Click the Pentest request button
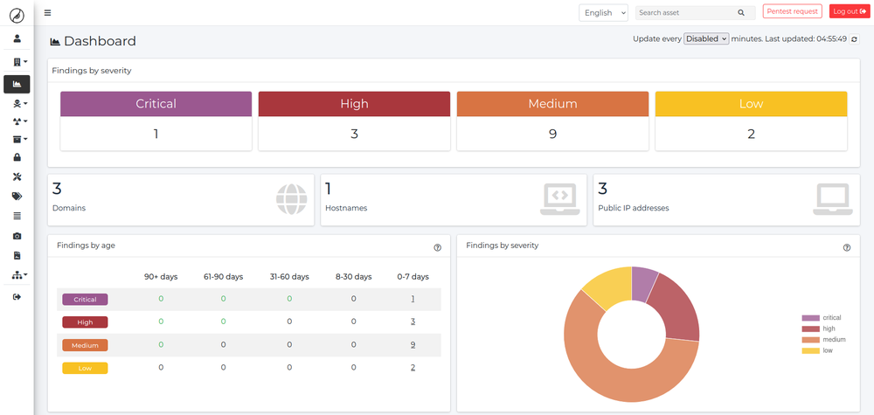click(x=792, y=11)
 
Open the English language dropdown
click(x=603, y=12)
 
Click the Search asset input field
click(x=685, y=13)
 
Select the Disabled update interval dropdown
click(x=706, y=39)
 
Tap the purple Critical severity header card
click(x=156, y=104)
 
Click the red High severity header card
click(x=354, y=104)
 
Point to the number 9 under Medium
click(x=552, y=135)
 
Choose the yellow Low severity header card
click(x=751, y=104)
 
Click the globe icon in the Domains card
click(x=292, y=199)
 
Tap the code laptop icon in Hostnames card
click(x=559, y=199)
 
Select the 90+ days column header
click(x=161, y=277)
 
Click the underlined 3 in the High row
click(x=413, y=322)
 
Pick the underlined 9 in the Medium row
click(x=413, y=344)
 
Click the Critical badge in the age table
click(x=85, y=300)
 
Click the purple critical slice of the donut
click(x=644, y=283)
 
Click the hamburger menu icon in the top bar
click(x=47, y=13)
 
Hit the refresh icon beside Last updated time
click(x=854, y=39)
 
